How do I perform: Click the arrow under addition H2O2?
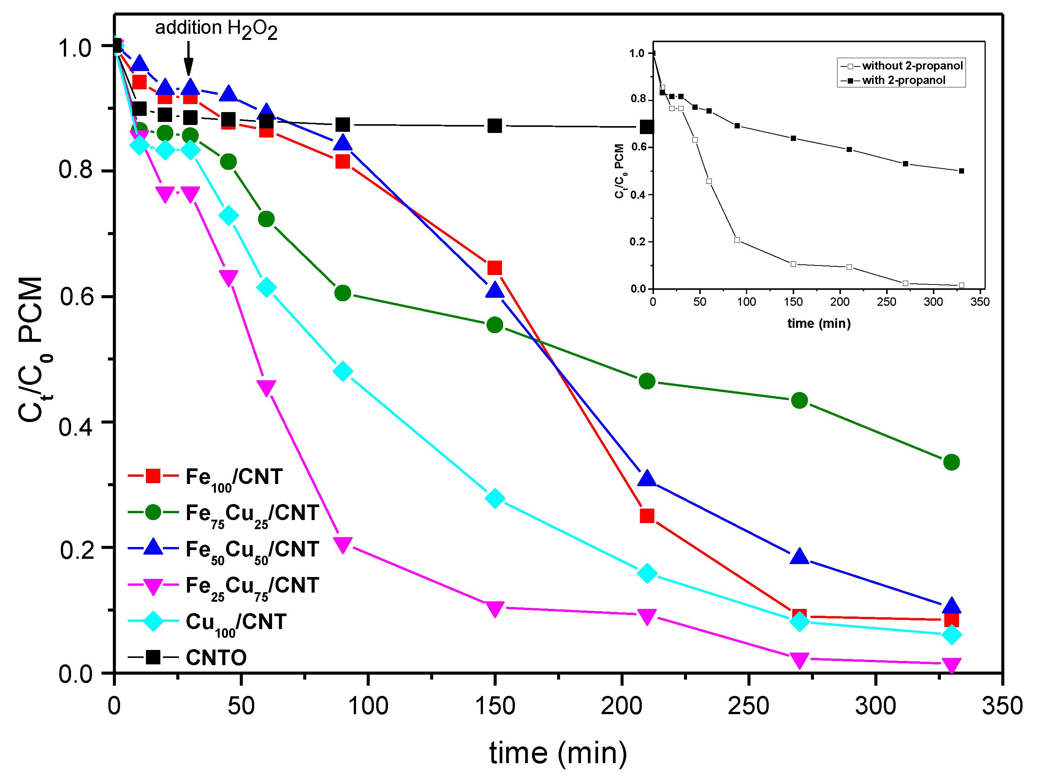(x=188, y=58)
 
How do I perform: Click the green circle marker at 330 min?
(x=951, y=462)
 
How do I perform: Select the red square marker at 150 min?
(x=495, y=268)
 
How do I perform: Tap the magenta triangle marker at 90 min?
(x=343, y=545)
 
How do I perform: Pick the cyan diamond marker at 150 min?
(x=495, y=498)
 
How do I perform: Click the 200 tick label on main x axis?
(x=622, y=706)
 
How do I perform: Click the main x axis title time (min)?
(x=558, y=753)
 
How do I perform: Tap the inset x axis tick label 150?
(x=793, y=302)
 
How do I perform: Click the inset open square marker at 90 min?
(x=737, y=240)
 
